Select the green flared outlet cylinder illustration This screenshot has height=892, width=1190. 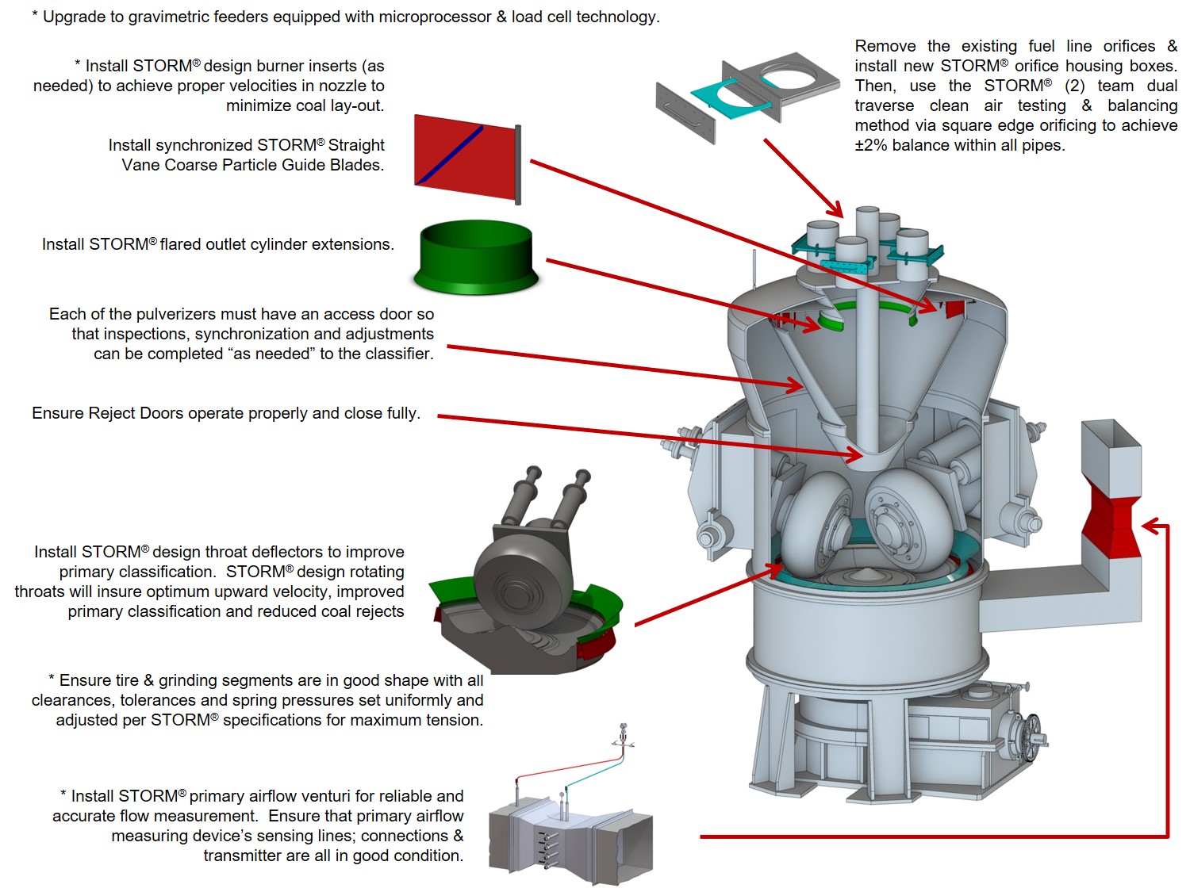476,258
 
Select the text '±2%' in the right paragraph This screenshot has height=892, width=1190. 871,145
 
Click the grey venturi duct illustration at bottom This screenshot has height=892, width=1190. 571,840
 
